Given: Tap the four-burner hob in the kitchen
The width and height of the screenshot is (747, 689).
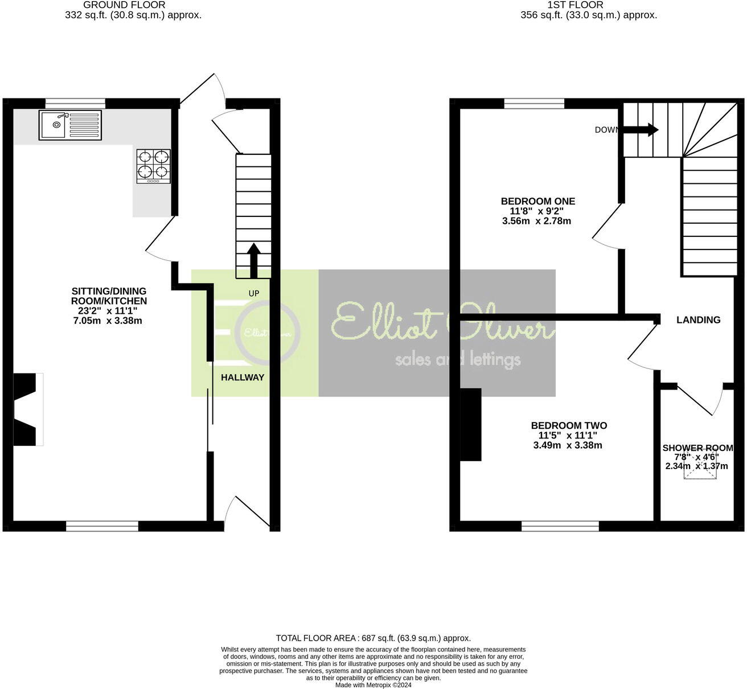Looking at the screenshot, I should [154, 166].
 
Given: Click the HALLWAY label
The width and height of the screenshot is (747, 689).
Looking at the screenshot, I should [243, 377].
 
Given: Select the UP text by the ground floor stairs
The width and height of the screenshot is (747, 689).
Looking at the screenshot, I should [254, 293].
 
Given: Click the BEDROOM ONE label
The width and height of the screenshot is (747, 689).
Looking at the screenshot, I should [537, 201].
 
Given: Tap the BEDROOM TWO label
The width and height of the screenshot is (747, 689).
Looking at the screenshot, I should [569, 425].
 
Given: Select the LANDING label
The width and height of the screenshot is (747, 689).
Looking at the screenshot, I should [698, 319].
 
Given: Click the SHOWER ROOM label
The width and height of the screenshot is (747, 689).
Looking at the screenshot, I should [697, 448].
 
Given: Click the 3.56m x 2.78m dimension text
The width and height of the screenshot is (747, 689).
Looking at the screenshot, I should [536, 221].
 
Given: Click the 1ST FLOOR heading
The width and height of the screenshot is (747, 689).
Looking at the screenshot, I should [575, 5].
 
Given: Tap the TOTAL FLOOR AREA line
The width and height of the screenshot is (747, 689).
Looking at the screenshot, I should [373, 638].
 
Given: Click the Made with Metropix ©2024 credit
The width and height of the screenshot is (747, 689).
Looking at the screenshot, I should [373, 685].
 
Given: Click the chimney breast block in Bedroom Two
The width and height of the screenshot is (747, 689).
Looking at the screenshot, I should [470, 424].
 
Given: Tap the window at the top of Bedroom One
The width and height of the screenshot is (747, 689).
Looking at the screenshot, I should [534, 103].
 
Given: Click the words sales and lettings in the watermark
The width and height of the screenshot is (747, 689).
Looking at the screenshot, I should [458, 359].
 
